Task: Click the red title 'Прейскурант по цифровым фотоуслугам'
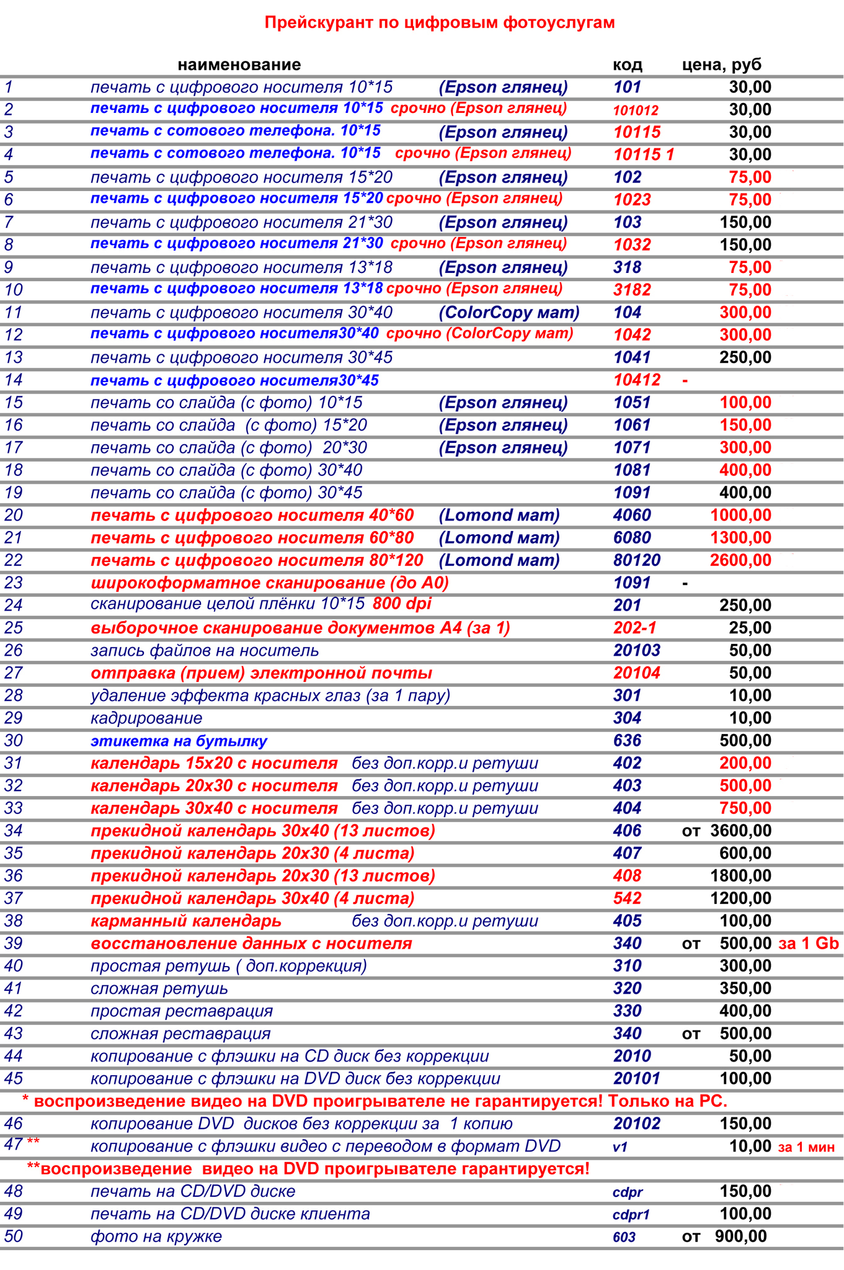pos(440,23)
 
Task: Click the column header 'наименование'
pos(239,65)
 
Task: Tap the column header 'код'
pos(627,65)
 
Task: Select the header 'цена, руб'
pos(722,65)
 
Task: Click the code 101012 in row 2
pos(636,110)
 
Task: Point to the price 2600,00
pos(740,560)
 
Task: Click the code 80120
pos(637,560)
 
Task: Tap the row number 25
pos(13,628)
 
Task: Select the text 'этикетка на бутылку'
pos(179,741)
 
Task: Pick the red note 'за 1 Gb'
pos(808,944)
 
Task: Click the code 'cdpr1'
pos(631,1215)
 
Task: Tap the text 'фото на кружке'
pos(156,1236)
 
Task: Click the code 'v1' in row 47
pos(620,1147)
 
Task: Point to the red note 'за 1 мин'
pos(806,1147)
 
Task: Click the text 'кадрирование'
pos(146,718)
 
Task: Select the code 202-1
pos(634,628)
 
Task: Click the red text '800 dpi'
pos(402,604)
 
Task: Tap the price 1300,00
pos(740,538)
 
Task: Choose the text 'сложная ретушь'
pos(159,989)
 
